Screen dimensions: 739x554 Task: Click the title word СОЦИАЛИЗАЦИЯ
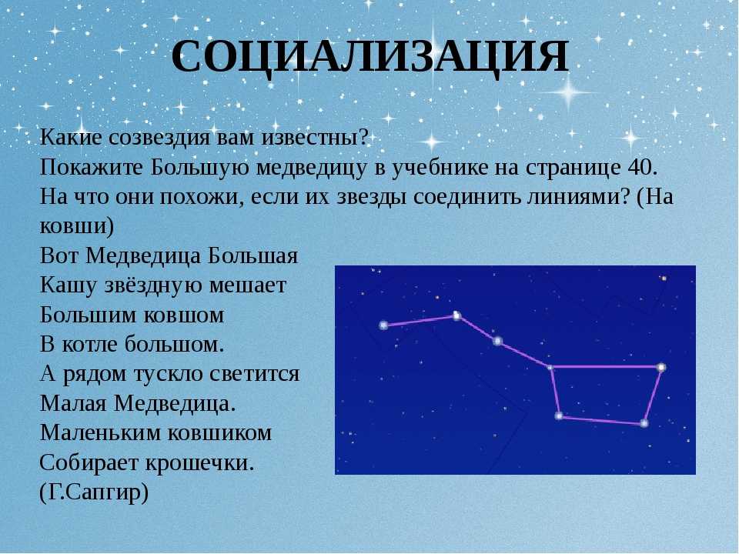tap(370, 57)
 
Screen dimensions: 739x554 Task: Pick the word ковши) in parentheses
tap(77, 226)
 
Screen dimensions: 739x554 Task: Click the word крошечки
tap(199, 462)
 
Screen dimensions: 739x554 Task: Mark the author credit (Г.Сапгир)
tap(94, 492)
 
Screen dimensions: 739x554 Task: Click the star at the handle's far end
tap(383, 325)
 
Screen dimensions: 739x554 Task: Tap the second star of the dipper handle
tap(456, 315)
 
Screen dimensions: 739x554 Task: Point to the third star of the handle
tap(498, 341)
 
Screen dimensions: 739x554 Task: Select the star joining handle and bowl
tap(550, 366)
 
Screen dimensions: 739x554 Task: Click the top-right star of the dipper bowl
tap(662, 367)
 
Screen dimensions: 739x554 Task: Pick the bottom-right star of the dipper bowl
tap(644, 423)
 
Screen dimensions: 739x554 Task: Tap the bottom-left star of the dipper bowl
tap(559, 416)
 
